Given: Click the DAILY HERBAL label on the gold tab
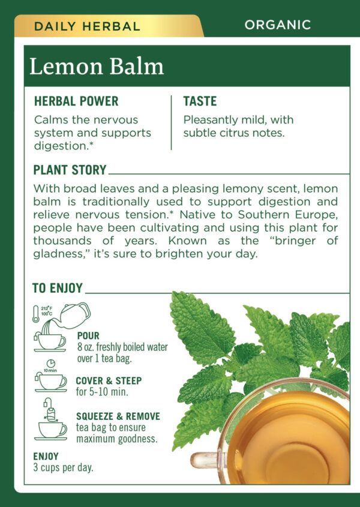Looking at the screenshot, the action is [x=87, y=26].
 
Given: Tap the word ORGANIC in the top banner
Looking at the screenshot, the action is [x=278, y=25].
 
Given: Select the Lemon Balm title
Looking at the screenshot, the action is [x=97, y=66].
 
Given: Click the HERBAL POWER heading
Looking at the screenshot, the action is [x=76, y=101].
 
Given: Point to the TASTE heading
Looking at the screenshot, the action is [x=200, y=101].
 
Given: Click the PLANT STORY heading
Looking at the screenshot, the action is [x=70, y=170].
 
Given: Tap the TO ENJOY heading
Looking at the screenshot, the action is [x=58, y=288].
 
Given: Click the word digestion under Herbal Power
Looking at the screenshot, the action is [x=61, y=146].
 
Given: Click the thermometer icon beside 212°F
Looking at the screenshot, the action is [x=35, y=314].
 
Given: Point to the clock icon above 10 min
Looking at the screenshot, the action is [x=51, y=364].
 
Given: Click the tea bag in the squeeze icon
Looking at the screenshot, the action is [x=50, y=414].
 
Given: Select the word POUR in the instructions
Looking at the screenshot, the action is [x=88, y=335].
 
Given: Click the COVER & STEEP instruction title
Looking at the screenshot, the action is [x=109, y=380].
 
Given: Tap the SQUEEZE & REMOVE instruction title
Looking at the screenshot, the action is [x=118, y=416].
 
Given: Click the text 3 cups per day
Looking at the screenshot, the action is [x=63, y=467].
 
